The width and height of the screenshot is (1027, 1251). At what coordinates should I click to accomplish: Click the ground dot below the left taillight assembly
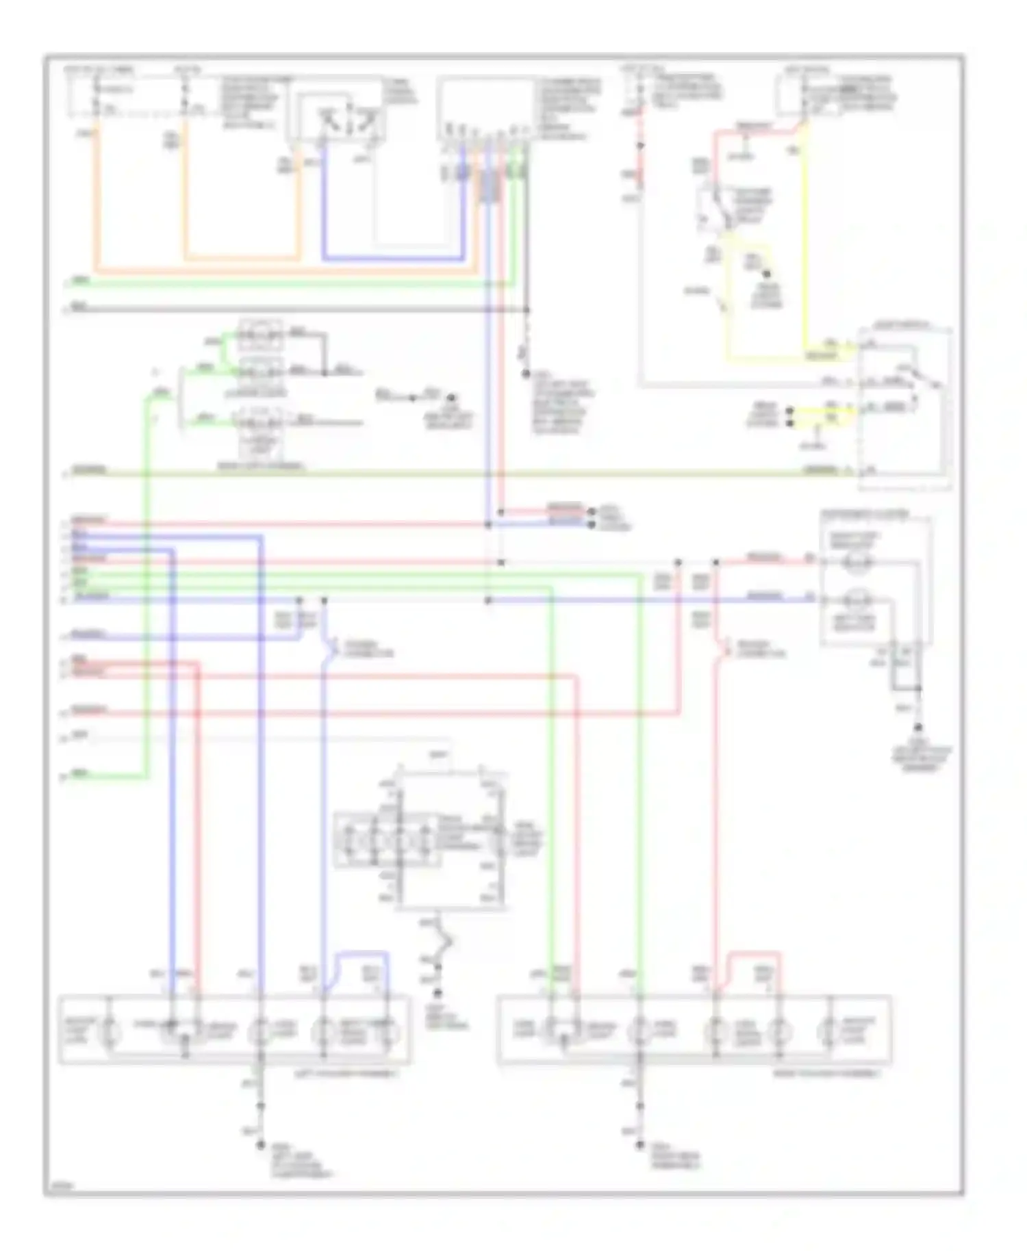(x=260, y=1145)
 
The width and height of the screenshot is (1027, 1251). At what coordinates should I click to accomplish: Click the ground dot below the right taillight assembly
(x=640, y=1144)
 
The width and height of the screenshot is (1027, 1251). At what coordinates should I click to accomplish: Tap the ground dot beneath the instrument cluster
(x=920, y=728)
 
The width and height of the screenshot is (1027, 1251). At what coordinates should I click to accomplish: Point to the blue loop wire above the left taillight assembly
(x=363, y=953)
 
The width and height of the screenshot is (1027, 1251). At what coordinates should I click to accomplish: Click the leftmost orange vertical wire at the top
(x=97, y=198)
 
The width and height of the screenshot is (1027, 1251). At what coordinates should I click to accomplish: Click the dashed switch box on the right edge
(x=905, y=409)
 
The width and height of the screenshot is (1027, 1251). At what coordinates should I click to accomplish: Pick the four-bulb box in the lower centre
(x=388, y=840)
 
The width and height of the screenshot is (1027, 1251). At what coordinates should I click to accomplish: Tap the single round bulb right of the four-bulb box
(x=500, y=840)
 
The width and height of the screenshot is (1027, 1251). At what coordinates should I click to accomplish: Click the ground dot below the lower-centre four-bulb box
(x=438, y=993)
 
